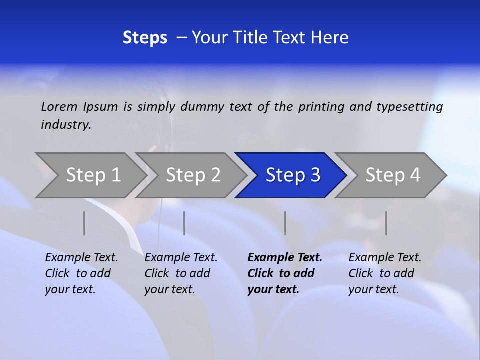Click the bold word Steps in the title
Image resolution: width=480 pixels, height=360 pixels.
tap(145, 38)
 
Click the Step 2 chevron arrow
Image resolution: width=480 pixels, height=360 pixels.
tap(193, 175)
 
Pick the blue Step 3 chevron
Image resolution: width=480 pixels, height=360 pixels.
tap(292, 175)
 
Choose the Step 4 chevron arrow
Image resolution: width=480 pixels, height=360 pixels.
tap(392, 175)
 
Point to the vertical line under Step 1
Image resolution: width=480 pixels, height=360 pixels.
tap(84, 223)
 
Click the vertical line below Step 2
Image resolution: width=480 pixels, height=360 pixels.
tap(184, 223)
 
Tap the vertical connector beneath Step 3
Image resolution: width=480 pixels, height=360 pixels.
tap(285, 223)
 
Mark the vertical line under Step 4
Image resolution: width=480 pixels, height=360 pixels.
tap(386, 223)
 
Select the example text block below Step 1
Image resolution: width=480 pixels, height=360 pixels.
tap(81, 273)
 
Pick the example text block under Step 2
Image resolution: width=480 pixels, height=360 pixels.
tap(181, 273)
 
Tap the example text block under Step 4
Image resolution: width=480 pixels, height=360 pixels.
tap(385, 273)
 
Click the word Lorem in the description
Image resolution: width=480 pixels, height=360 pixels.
tap(59, 107)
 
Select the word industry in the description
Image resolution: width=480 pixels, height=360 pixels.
tap(66, 125)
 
